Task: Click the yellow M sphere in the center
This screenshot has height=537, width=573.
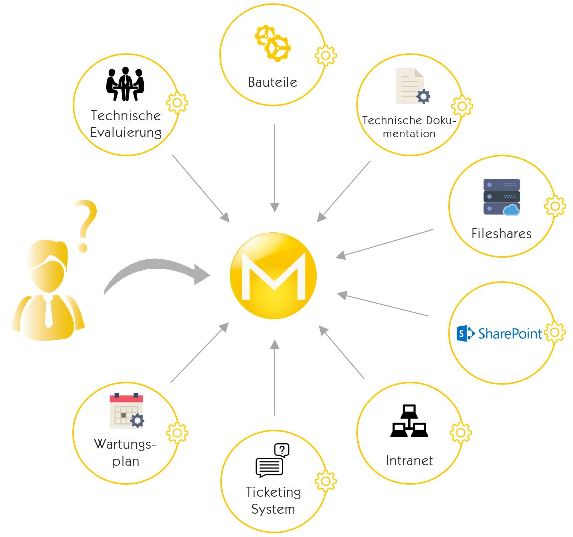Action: pos(274,275)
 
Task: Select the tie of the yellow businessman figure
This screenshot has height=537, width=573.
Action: pos(48,311)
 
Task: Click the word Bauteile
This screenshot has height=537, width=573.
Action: pos(273,82)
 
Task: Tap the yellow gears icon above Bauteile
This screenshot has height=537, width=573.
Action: pos(273,43)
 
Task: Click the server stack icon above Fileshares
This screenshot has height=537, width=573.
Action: pos(501,197)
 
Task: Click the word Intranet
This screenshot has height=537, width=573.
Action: pos(409,461)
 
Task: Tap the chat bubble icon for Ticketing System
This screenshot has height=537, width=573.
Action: pos(272,460)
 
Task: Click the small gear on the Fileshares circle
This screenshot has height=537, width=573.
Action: pos(555,206)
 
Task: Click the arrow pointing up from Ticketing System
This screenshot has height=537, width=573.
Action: pos(275,379)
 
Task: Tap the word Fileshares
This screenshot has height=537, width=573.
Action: pos(501,234)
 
